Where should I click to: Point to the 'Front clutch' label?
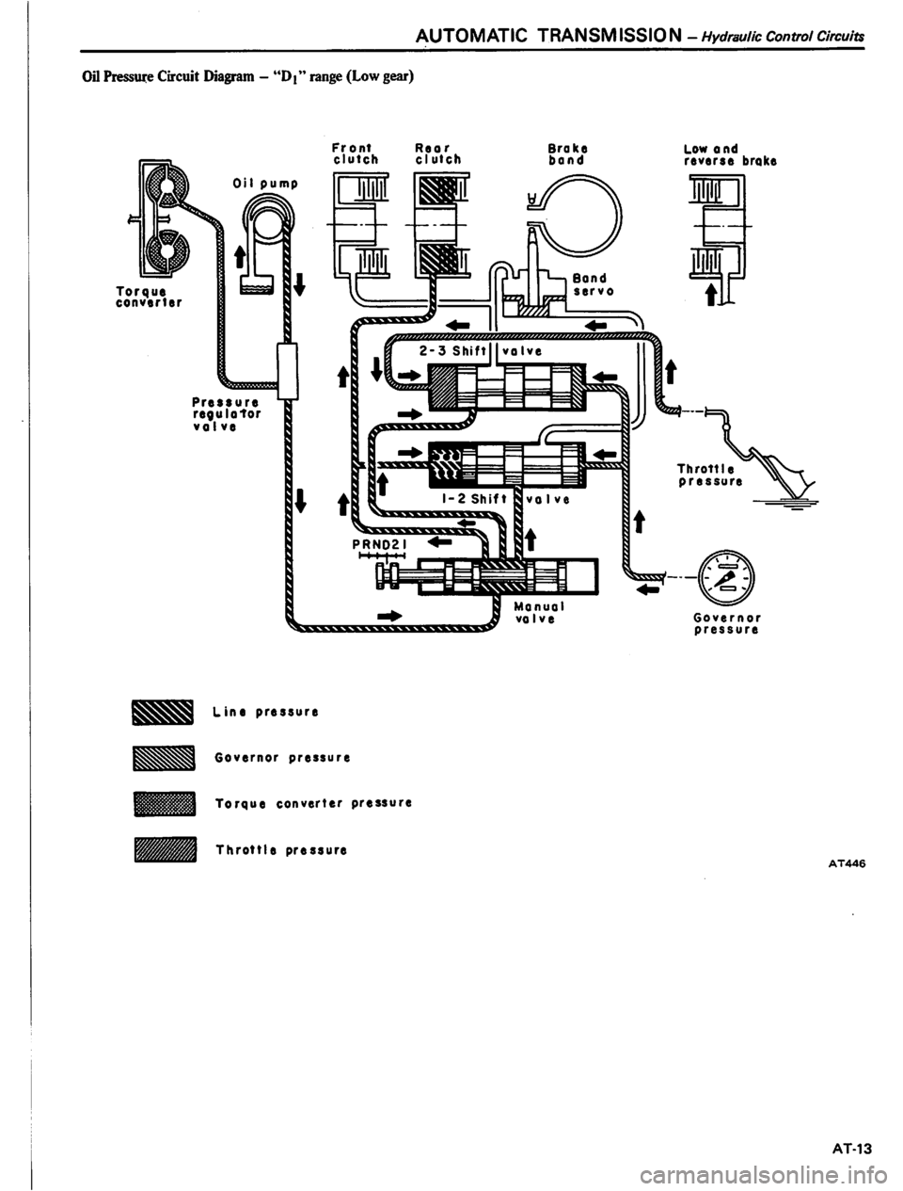355,153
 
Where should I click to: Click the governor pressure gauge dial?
728,574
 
